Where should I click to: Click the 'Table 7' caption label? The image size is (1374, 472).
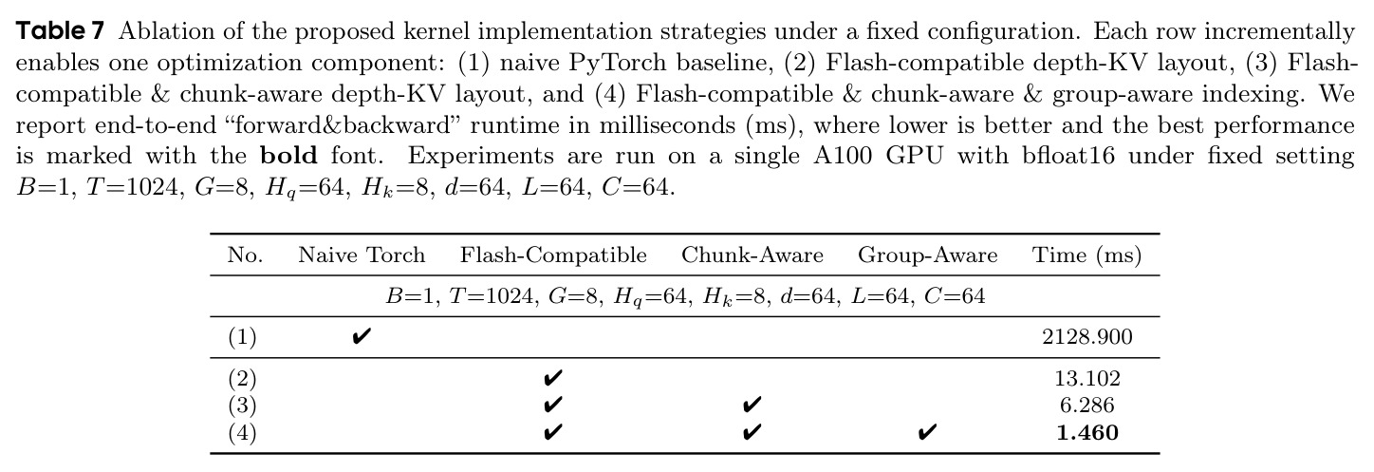60,30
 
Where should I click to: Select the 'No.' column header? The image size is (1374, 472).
246,255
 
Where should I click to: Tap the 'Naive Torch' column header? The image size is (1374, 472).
362,255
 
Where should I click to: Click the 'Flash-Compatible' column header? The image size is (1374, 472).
553,255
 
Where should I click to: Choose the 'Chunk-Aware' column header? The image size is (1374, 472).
752,255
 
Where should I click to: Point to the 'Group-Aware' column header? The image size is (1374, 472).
927,255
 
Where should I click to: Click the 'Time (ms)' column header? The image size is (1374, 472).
1086,255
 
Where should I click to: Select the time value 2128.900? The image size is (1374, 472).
1086,336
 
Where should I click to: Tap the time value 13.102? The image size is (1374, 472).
1086,378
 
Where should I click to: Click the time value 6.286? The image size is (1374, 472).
1086,406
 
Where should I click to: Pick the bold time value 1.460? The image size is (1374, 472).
1086,433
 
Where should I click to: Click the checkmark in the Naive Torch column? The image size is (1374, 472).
362,336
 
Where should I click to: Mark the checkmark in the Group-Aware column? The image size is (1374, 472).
927,433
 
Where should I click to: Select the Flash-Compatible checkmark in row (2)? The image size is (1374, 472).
552,378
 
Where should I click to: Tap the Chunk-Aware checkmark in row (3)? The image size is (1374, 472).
752,406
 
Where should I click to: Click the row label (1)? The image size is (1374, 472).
242,337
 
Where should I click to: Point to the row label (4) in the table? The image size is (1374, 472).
242,433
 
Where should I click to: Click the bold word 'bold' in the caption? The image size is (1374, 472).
288,156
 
